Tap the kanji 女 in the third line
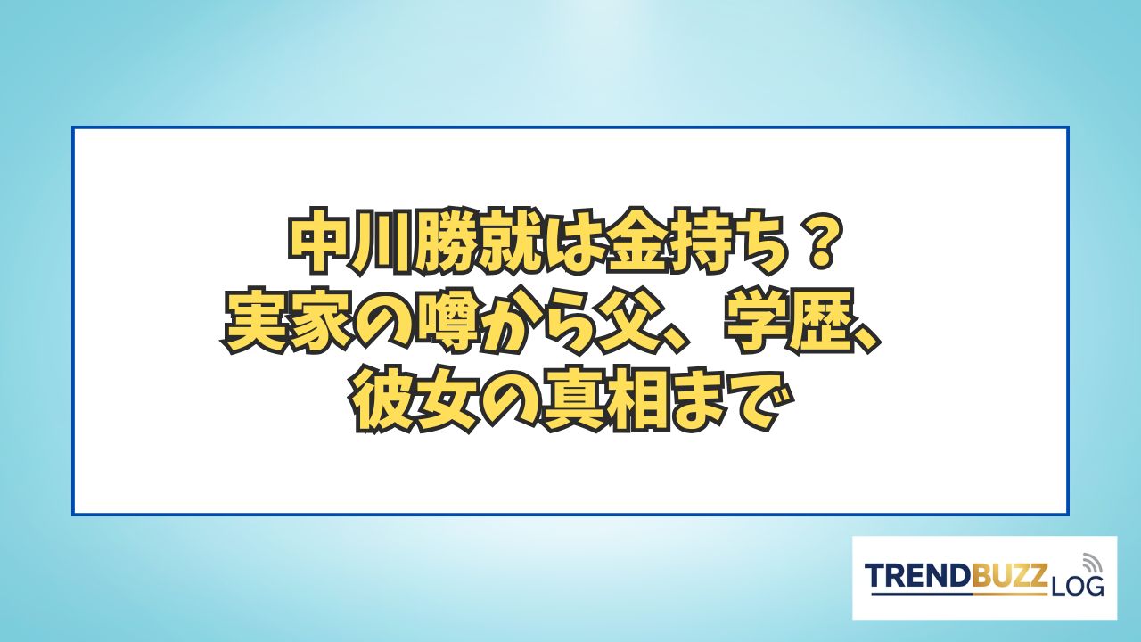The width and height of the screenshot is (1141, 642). [x=445, y=403]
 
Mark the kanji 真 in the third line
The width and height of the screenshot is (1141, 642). [x=572, y=403]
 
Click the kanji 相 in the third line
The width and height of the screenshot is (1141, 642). [x=636, y=403]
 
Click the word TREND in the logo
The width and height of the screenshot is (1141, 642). [x=917, y=576]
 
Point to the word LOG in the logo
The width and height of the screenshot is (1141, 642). [x=1076, y=586]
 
